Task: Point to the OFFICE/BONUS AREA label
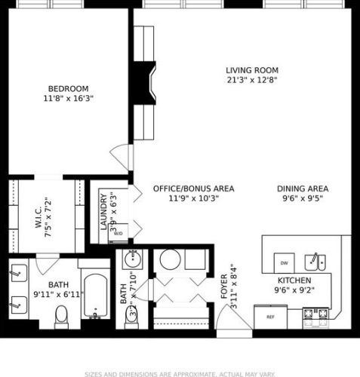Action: click(x=193, y=188)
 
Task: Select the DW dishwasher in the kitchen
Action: click(x=285, y=263)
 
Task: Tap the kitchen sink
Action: click(x=315, y=262)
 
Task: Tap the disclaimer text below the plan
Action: click(x=180, y=372)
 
